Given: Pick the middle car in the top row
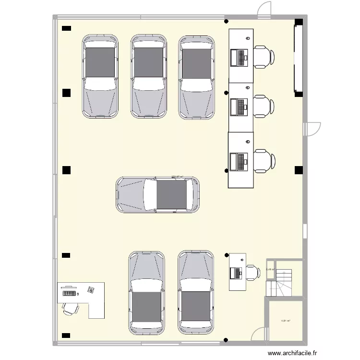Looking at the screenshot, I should pos(149,77).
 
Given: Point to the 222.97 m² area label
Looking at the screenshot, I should pos(178,177).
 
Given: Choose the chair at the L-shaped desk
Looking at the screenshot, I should pos(70,307).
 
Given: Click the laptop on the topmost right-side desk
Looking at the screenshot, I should pos(239,58).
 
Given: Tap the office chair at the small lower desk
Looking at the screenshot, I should pos(252,272).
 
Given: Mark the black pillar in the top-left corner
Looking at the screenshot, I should pos(66,28).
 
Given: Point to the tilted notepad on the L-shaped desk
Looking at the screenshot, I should pos(90,289).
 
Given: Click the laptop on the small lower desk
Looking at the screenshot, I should pos(237,273).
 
